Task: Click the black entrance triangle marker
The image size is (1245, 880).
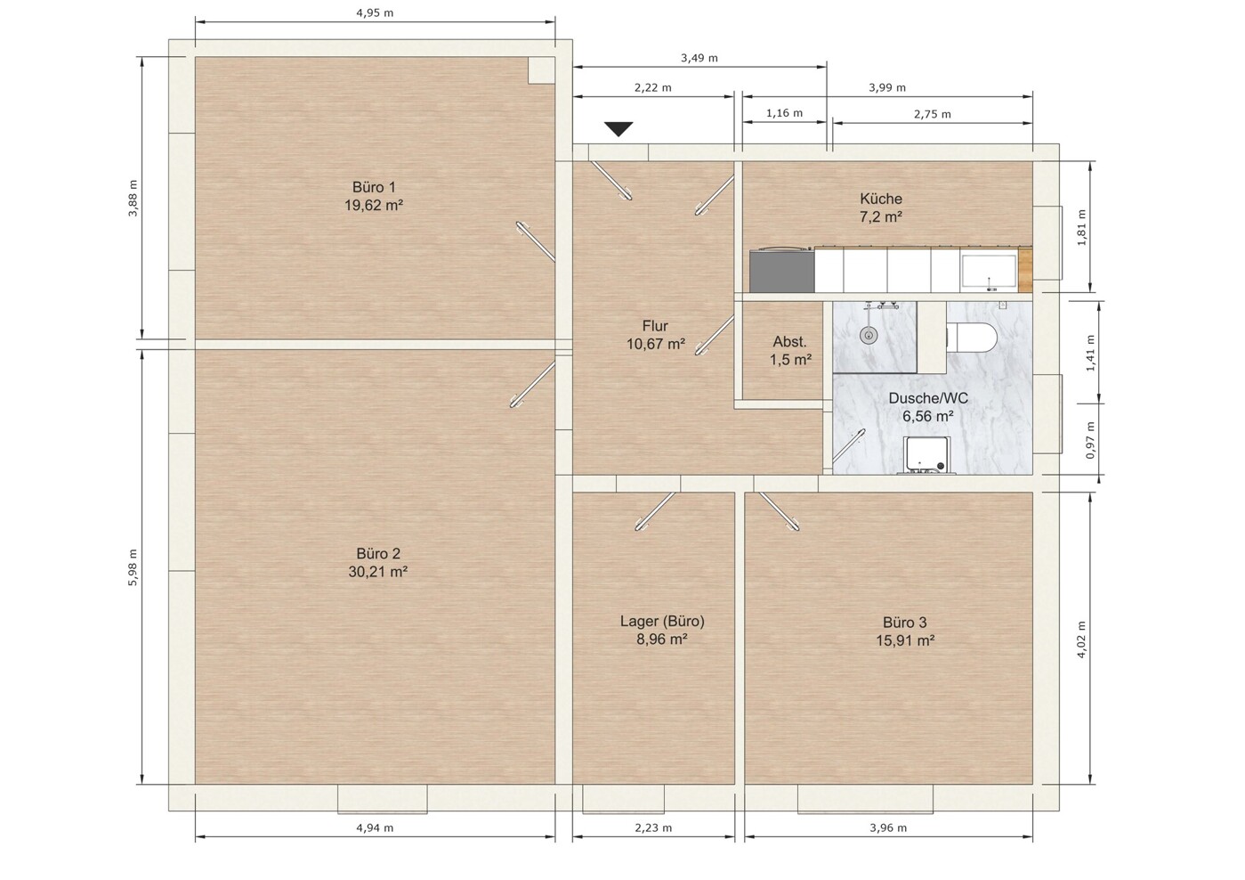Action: [618, 129]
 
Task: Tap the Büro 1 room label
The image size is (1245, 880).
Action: [374, 187]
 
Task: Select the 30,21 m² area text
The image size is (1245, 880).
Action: [378, 572]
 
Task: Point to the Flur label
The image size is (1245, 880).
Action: [655, 326]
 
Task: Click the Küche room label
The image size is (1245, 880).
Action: [881, 199]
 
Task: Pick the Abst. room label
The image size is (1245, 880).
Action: [789, 342]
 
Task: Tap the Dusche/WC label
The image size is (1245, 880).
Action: [928, 398]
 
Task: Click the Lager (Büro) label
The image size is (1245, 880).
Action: [662, 622]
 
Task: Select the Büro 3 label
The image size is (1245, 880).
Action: [905, 623]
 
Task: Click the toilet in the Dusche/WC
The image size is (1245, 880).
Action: [972, 337]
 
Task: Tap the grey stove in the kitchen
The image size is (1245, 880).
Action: [782, 271]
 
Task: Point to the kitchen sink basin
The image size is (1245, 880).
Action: [989, 272]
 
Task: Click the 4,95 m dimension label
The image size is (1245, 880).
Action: [375, 12]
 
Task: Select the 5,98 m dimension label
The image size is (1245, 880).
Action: [133, 566]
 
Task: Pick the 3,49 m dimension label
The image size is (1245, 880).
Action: [699, 58]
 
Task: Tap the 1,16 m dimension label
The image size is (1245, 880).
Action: [784, 113]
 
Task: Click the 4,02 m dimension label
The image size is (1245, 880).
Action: [1081, 639]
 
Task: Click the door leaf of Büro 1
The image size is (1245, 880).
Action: [536, 241]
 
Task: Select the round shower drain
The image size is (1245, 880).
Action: [867, 335]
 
